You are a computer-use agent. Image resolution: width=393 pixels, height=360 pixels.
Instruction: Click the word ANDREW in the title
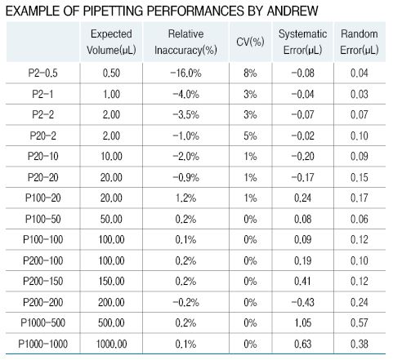(293, 11)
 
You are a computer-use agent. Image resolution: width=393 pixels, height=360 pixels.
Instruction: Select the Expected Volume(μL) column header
(111, 42)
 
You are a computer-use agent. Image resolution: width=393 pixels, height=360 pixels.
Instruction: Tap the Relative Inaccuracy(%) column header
(185, 42)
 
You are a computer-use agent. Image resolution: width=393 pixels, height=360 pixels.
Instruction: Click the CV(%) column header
(250, 42)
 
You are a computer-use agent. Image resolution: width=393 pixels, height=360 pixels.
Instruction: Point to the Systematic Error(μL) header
(302, 42)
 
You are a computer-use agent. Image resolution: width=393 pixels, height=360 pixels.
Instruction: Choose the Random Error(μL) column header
(360, 42)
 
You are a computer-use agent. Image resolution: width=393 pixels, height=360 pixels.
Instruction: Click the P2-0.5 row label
(42, 73)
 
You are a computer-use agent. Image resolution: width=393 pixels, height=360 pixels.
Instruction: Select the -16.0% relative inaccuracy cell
(185, 73)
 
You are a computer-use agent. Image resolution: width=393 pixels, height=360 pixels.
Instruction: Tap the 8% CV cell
(250, 73)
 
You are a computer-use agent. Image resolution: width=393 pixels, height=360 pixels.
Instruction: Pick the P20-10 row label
(42, 157)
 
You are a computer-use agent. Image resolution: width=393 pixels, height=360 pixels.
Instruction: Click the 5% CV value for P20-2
(250, 136)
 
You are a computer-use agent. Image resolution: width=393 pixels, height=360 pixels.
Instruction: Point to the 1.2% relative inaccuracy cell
(185, 198)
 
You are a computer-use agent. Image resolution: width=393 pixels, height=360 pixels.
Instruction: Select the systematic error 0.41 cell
(302, 282)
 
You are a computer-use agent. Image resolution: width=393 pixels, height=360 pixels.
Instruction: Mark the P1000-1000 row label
(42, 344)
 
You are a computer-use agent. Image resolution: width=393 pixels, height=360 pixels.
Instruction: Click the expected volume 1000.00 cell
(111, 344)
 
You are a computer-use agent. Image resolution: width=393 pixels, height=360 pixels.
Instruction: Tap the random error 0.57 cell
(360, 323)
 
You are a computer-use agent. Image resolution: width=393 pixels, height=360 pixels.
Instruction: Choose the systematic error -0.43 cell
(302, 302)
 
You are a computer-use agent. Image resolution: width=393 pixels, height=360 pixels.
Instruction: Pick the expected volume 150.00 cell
(111, 282)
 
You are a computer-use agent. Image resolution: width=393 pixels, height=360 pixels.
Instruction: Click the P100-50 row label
(42, 219)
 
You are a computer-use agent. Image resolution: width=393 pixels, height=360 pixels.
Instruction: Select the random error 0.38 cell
(360, 344)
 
